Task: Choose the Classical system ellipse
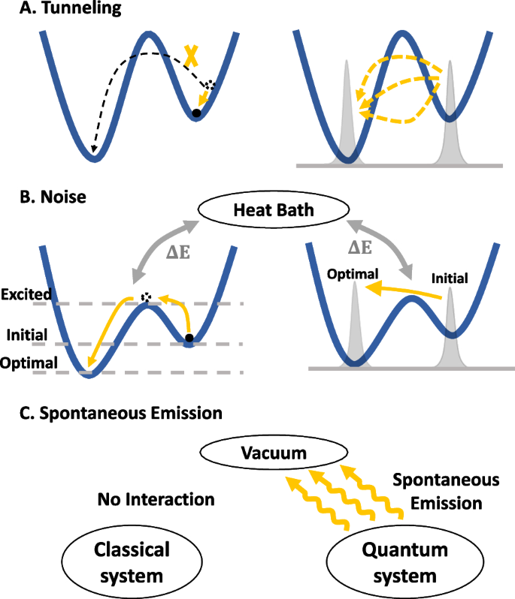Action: pos(132,563)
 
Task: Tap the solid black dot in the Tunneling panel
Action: pos(196,113)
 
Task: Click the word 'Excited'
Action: pos(27,295)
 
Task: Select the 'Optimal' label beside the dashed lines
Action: pos(29,363)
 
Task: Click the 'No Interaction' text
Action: pos(155,498)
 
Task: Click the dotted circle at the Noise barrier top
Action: pos(147,298)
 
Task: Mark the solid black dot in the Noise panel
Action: pos(189,339)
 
